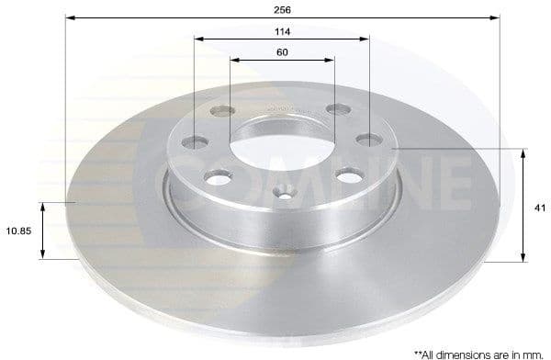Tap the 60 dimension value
click(x=282, y=51)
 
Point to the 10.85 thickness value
click(x=17, y=231)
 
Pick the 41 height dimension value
click(x=540, y=208)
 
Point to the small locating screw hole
click(x=285, y=194)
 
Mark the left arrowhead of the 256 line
click(x=69, y=17)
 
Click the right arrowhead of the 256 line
click(x=497, y=17)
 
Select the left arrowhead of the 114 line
click(x=198, y=39)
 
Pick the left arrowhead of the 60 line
click(x=233, y=61)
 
